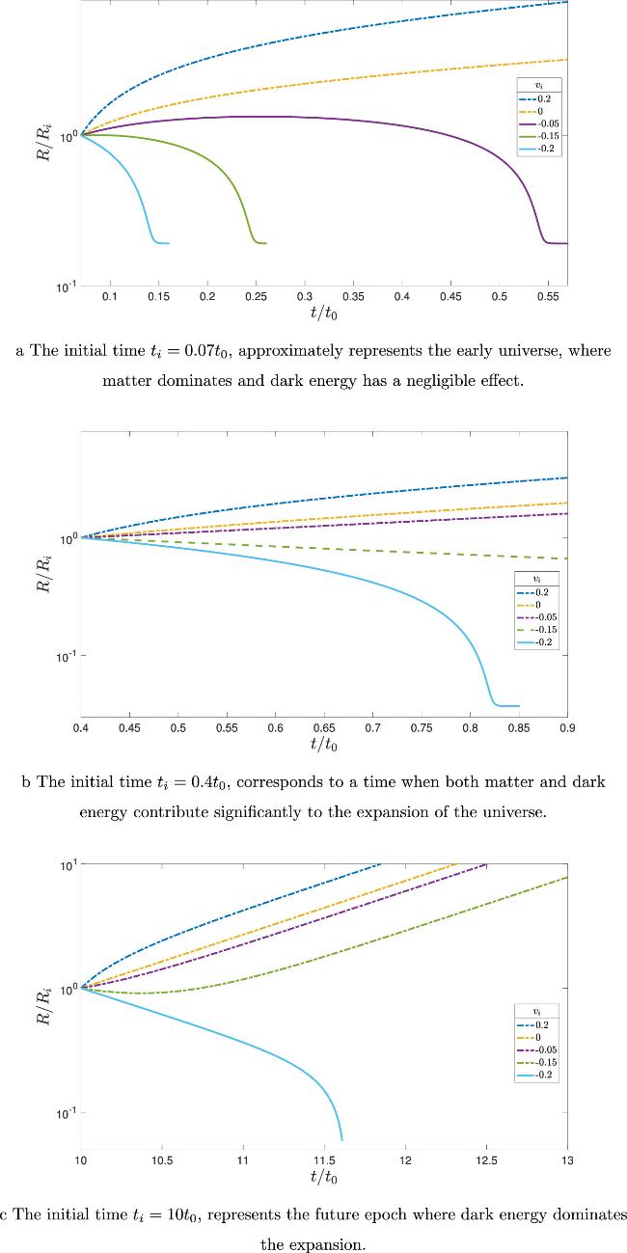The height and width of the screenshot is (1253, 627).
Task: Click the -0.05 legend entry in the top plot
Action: tap(540, 124)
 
